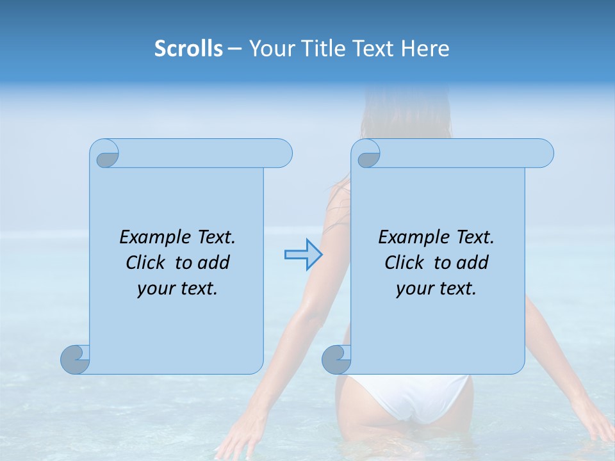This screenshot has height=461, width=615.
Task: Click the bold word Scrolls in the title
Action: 188,49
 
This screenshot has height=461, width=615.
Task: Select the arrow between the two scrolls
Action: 302,254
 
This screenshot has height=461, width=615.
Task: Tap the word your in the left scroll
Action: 154,289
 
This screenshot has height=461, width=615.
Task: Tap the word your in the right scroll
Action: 413,289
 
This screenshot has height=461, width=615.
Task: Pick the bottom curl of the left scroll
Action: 74,359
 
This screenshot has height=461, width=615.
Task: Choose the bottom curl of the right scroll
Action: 336,359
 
